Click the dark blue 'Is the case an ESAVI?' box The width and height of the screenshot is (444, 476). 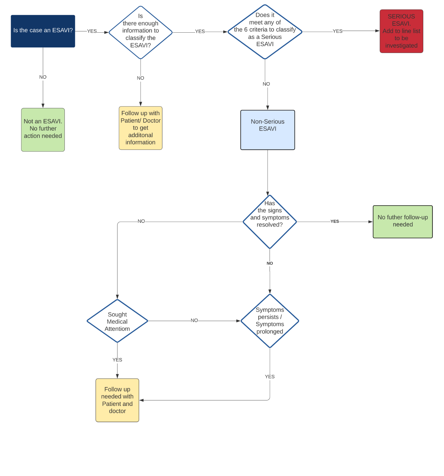pyautogui.click(x=43, y=31)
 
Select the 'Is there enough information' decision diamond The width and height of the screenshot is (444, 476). pyautogui.click(x=140, y=32)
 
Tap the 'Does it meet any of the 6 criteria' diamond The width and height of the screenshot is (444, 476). pyautogui.click(x=265, y=32)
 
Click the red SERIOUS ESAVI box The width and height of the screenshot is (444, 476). pyautogui.click(x=401, y=31)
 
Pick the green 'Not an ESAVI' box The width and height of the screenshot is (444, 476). pyautogui.click(x=43, y=130)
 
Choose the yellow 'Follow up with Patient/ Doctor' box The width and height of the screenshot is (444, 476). pyautogui.click(x=140, y=128)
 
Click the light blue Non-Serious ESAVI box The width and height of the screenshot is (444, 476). pyautogui.click(x=268, y=130)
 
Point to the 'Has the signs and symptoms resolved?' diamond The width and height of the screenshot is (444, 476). pyautogui.click(x=270, y=222)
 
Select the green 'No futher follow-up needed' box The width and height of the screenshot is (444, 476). pyautogui.click(x=403, y=222)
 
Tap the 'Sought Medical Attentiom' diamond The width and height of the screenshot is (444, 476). pyautogui.click(x=117, y=321)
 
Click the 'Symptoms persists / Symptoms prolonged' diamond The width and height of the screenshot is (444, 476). pyautogui.click(x=270, y=321)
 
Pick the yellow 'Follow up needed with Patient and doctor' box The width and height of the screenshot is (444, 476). pyautogui.click(x=117, y=400)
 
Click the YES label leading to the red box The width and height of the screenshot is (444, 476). pyautogui.click(x=338, y=31)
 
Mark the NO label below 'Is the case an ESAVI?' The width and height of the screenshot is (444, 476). pyautogui.click(x=43, y=77)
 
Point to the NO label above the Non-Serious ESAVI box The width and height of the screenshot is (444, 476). pyautogui.click(x=266, y=84)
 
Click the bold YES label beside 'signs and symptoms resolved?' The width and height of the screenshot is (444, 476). pyautogui.click(x=335, y=221)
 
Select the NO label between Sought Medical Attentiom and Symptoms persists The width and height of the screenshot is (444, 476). pyautogui.click(x=194, y=321)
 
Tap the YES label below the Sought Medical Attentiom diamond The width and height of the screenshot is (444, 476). pyautogui.click(x=117, y=360)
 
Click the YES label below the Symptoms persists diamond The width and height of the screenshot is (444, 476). pyautogui.click(x=270, y=376)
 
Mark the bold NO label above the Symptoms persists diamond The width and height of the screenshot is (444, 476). pyautogui.click(x=270, y=263)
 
